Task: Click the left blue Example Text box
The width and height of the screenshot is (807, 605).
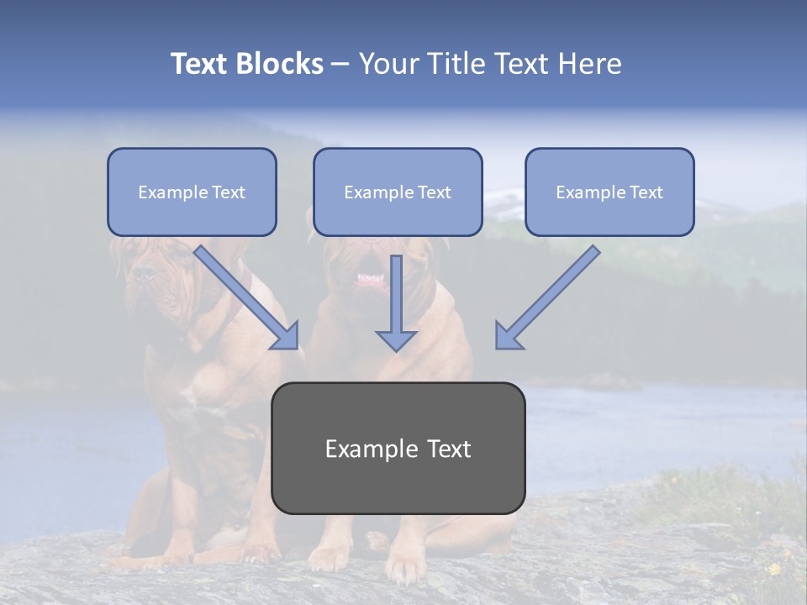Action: click(192, 192)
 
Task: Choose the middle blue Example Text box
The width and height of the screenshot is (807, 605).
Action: click(398, 192)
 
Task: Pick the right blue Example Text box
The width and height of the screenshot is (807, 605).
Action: click(609, 192)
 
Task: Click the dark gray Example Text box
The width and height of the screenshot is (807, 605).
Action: click(398, 449)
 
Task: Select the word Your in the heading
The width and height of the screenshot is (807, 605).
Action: click(388, 64)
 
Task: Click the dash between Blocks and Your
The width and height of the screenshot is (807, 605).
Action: click(340, 64)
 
